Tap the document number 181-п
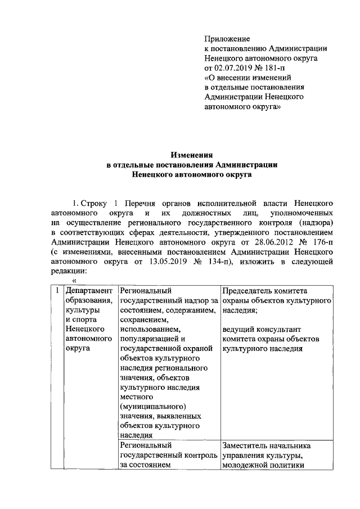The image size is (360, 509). click(x=282, y=67)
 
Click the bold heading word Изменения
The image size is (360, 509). click(x=192, y=155)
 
